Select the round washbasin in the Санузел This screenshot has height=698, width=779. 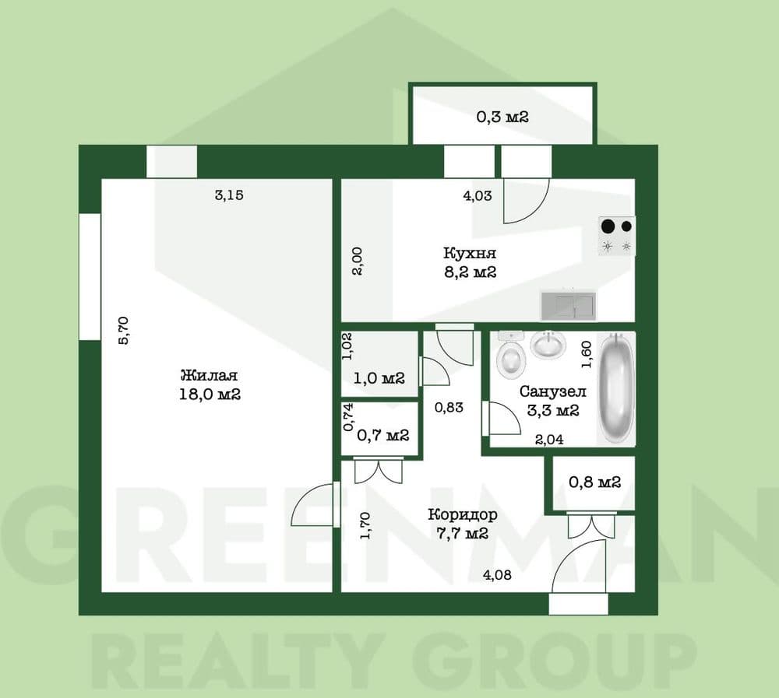548,344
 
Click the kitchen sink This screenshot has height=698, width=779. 569,305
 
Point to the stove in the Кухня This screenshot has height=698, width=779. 617,236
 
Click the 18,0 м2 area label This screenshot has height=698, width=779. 210,395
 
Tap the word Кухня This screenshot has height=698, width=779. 470,253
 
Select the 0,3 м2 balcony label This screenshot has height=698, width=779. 502,118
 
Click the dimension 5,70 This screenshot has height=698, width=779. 123,330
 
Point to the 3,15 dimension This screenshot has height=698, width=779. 229,195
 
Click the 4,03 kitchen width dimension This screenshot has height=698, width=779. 478,195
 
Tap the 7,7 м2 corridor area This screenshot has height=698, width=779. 458,534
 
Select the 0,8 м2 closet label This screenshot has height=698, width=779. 594,482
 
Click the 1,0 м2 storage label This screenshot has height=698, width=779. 379,378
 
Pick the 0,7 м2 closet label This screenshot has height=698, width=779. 383,436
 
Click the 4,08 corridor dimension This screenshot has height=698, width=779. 497,575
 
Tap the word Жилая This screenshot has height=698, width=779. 209,375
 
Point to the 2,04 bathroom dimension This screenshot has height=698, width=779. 549,439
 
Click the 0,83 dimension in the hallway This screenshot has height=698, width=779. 449,407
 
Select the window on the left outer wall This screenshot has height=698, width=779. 90,277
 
